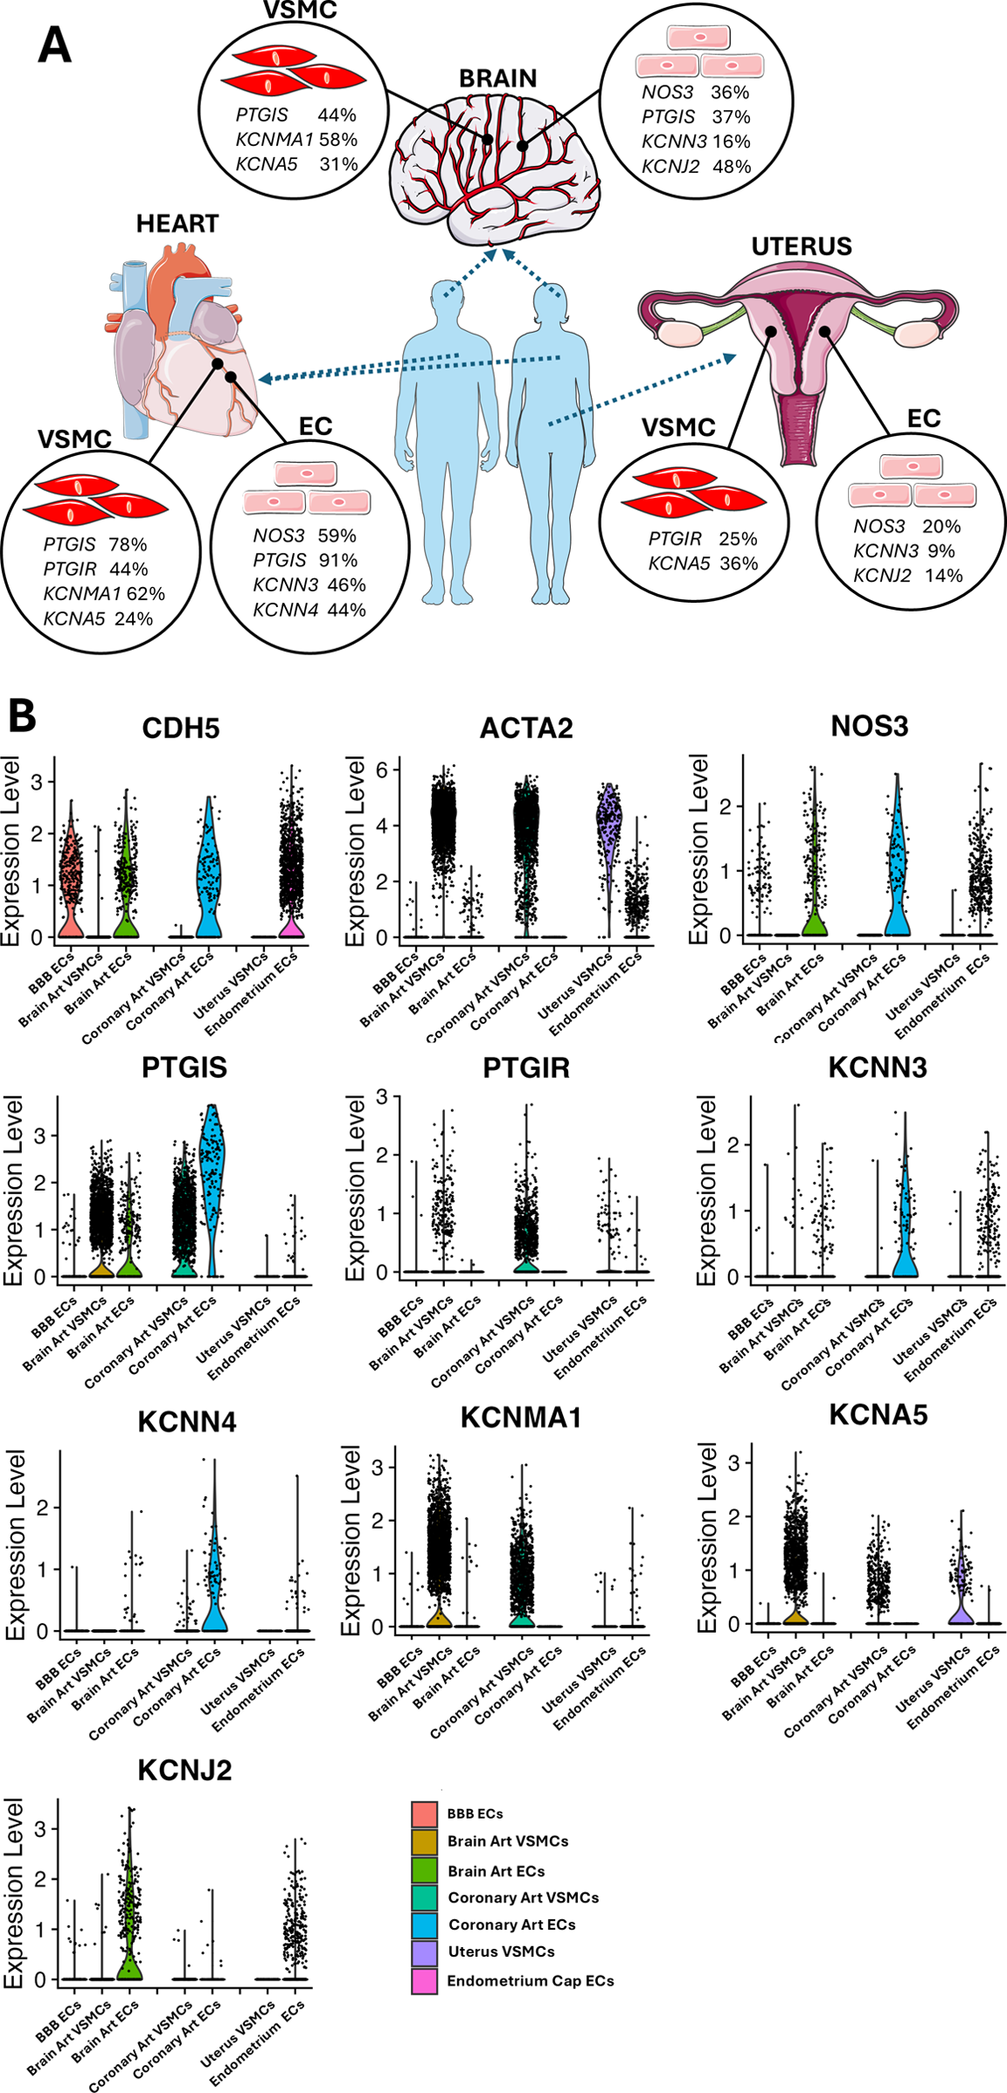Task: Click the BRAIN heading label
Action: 497,79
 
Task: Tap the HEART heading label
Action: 177,224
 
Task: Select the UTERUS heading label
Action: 802,246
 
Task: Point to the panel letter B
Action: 22,716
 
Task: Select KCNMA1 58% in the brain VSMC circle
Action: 296,139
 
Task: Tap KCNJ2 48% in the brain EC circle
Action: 696,166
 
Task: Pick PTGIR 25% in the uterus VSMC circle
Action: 702,538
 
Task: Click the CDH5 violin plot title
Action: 181,729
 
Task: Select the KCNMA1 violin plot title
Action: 521,1417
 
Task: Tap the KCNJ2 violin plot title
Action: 185,1770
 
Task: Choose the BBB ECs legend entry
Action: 475,1813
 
